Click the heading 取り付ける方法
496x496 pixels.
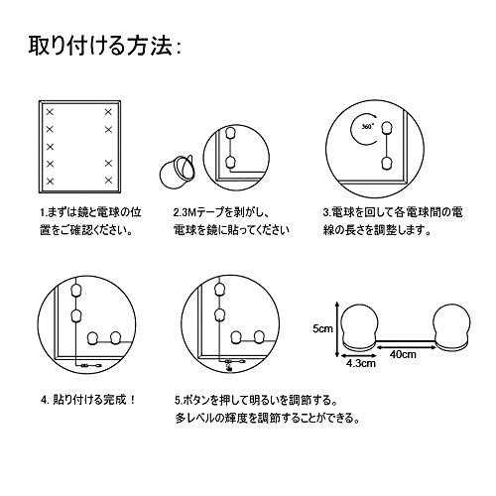point(100,46)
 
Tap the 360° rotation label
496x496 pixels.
point(367,126)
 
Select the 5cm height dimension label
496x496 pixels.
point(322,329)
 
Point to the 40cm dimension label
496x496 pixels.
point(403,354)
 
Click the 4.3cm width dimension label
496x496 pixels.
point(361,363)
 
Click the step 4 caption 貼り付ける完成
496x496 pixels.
point(89,400)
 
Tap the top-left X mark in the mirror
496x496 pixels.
point(50,112)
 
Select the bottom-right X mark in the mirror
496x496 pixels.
point(108,181)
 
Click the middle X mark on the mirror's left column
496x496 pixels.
point(50,146)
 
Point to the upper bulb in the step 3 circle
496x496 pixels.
point(387,128)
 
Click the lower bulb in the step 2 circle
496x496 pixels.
point(230,163)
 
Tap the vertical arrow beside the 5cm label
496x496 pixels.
point(336,329)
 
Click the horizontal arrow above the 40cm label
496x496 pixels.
point(407,347)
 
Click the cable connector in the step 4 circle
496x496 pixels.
point(85,365)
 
